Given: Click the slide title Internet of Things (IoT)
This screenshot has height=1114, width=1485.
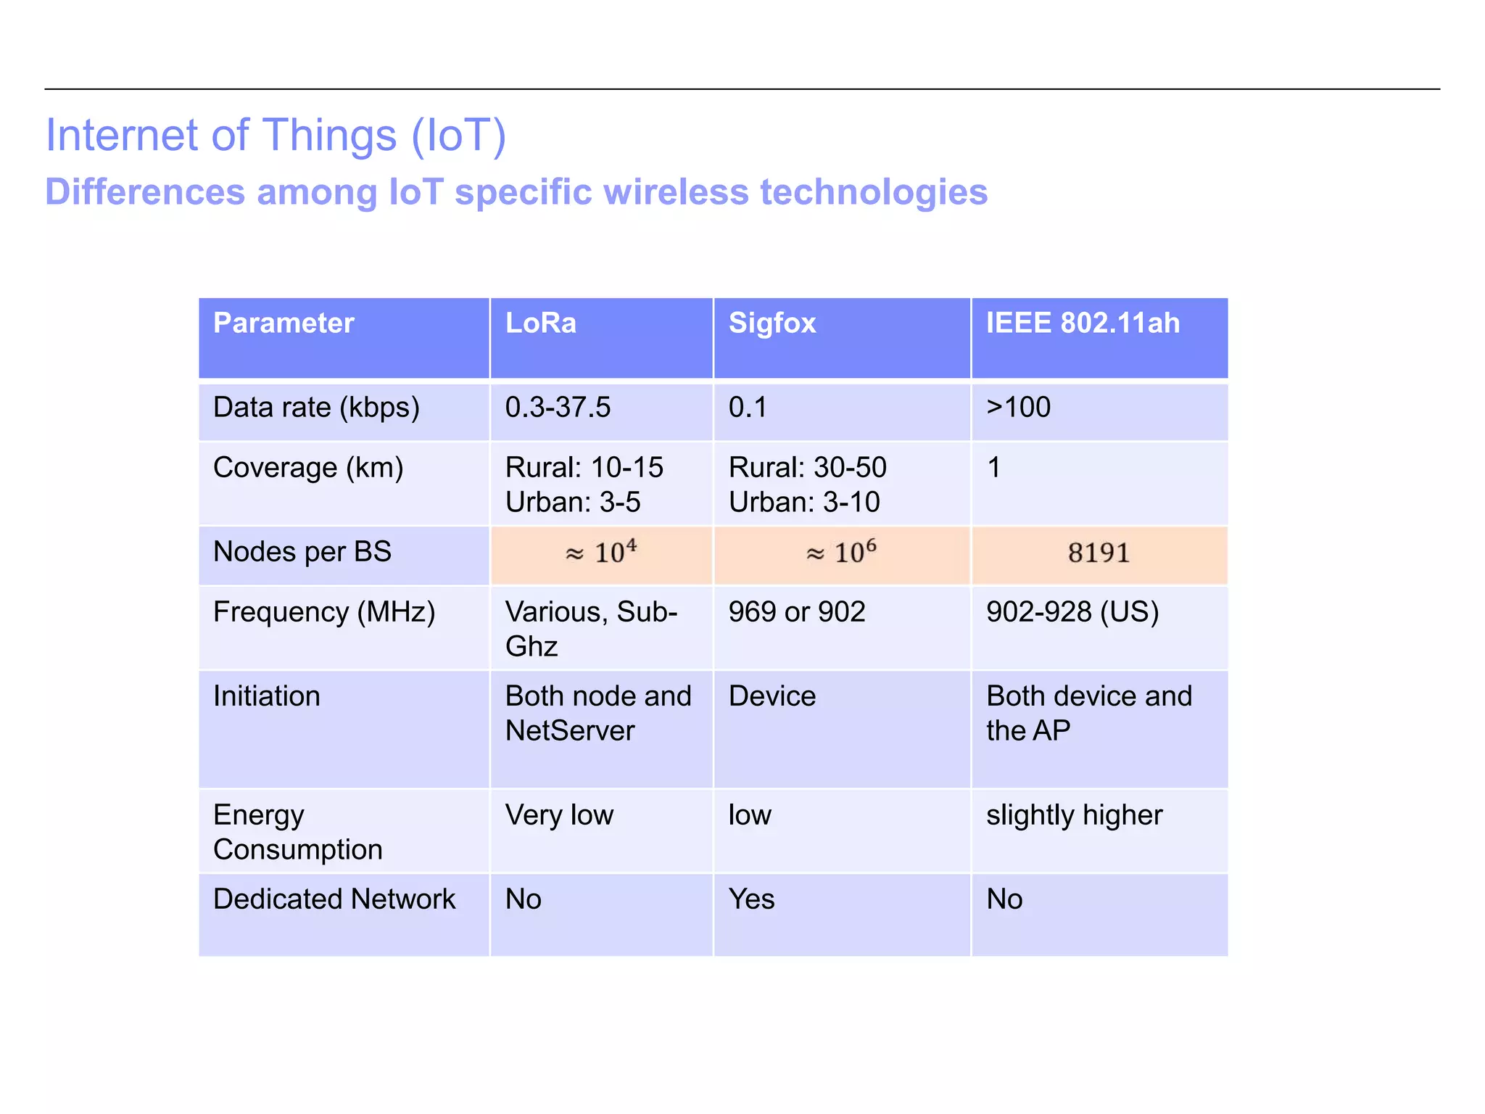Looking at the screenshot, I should pyautogui.click(x=276, y=136).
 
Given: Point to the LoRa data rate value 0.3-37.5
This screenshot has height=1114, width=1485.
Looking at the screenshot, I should pyautogui.click(x=558, y=408).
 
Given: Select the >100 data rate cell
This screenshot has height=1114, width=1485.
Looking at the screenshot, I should pyautogui.click(x=1018, y=408).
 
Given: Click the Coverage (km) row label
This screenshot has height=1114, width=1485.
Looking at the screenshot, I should pyautogui.click(x=308, y=468).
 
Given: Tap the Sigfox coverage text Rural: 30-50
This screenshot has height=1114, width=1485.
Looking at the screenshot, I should pyautogui.click(x=807, y=468).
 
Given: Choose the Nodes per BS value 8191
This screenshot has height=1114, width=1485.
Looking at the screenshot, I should pyautogui.click(x=1099, y=553).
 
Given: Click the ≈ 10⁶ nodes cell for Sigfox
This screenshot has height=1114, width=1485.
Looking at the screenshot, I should pyautogui.click(x=841, y=553).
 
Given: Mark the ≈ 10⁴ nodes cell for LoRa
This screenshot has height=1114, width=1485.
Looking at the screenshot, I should pyautogui.click(x=601, y=553).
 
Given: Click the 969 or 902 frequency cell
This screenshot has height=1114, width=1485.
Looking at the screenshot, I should pyautogui.click(x=797, y=612).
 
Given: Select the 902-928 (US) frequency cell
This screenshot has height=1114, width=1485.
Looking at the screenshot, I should pyautogui.click(x=1072, y=612).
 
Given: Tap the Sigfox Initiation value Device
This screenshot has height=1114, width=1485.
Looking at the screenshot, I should pyautogui.click(x=772, y=696).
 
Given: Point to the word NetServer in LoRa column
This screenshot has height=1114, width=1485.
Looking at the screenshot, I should pyautogui.click(x=570, y=731).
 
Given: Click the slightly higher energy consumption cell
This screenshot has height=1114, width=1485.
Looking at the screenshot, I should pyautogui.click(x=1074, y=815).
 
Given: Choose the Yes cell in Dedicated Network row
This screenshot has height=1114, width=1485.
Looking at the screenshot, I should pyautogui.click(x=752, y=899).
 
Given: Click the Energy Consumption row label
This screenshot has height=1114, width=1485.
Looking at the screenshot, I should pyautogui.click(x=297, y=832).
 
